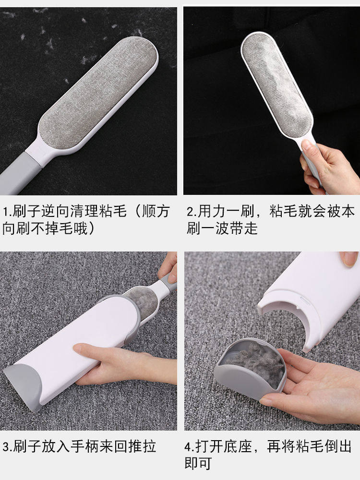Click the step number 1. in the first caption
click(x=7, y=212)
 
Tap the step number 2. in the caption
click(x=191, y=212)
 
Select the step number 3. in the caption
click(x=7, y=447)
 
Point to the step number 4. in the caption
click(x=190, y=447)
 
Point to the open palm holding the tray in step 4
click(x=317, y=384)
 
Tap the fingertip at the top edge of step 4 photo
click(x=349, y=259)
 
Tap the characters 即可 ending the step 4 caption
click(x=198, y=464)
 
